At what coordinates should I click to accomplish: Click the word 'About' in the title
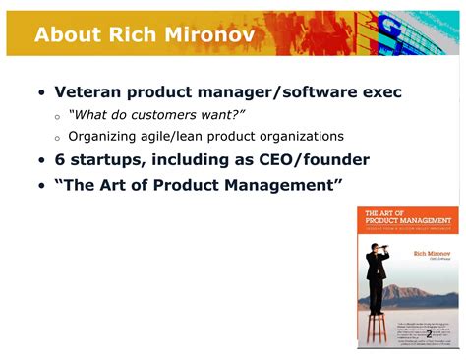point(68,34)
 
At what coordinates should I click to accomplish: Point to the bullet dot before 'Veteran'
point(41,93)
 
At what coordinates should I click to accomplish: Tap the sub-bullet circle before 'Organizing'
point(57,138)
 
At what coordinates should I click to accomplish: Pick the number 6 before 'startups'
point(60,160)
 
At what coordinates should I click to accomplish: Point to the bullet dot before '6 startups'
point(41,161)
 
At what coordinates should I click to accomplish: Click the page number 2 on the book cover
point(429,334)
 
